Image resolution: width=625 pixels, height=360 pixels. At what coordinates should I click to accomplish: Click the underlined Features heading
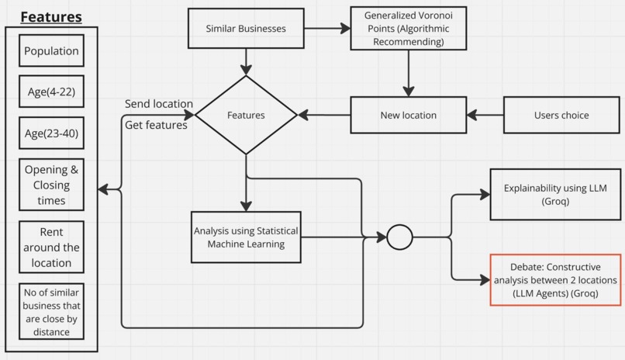pyautogui.click(x=50, y=16)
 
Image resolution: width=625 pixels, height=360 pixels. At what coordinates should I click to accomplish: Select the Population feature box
pyautogui.click(x=52, y=51)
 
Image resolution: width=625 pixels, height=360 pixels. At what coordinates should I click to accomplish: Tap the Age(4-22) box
pyautogui.click(x=52, y=92)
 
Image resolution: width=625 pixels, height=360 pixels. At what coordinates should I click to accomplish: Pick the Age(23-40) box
pyautogui.click(x=52, y=133)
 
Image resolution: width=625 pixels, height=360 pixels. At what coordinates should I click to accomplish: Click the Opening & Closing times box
pyautogui.click(x=52, y=185)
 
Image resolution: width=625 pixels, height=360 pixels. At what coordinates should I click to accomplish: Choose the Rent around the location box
pyautogui.click(x=52, y=247)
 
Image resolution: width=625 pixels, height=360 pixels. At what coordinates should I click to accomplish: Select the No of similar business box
pyautogui.click(x=52, y=310)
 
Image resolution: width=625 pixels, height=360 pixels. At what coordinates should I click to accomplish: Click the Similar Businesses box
pyautogui.click(x=246, y=29)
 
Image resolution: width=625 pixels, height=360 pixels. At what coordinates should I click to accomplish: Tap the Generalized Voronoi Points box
pyautogui.click(x=408, y=29)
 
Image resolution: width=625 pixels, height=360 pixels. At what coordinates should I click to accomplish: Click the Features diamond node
pyautogui.click(x=246, y=115)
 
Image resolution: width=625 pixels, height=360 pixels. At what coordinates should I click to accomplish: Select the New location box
pyautogui.click(x=408, y=115)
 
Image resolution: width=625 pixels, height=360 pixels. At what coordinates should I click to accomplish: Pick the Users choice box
pyautogui.click(x=561, y=115)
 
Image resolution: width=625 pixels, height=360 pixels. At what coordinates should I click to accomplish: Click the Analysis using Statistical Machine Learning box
pyautogui.click(x=246, y=237)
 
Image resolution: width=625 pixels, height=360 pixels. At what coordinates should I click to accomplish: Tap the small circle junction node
pyautogui.click(x=399, y=237)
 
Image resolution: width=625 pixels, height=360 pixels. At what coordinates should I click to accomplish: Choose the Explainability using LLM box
pyautogui.click(x=555, y=194)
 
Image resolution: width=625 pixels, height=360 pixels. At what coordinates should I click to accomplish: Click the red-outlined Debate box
pyautogui.click(x=555, y=280)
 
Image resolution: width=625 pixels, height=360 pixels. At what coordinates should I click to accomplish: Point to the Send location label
pyautogui.click(x=159, y=104)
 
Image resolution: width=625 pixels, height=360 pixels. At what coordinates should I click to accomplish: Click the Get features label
pyautogui.click(x=157, y=125)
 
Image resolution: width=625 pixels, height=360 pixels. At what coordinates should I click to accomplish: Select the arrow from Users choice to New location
pyautogui.click(x=485, y=115)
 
